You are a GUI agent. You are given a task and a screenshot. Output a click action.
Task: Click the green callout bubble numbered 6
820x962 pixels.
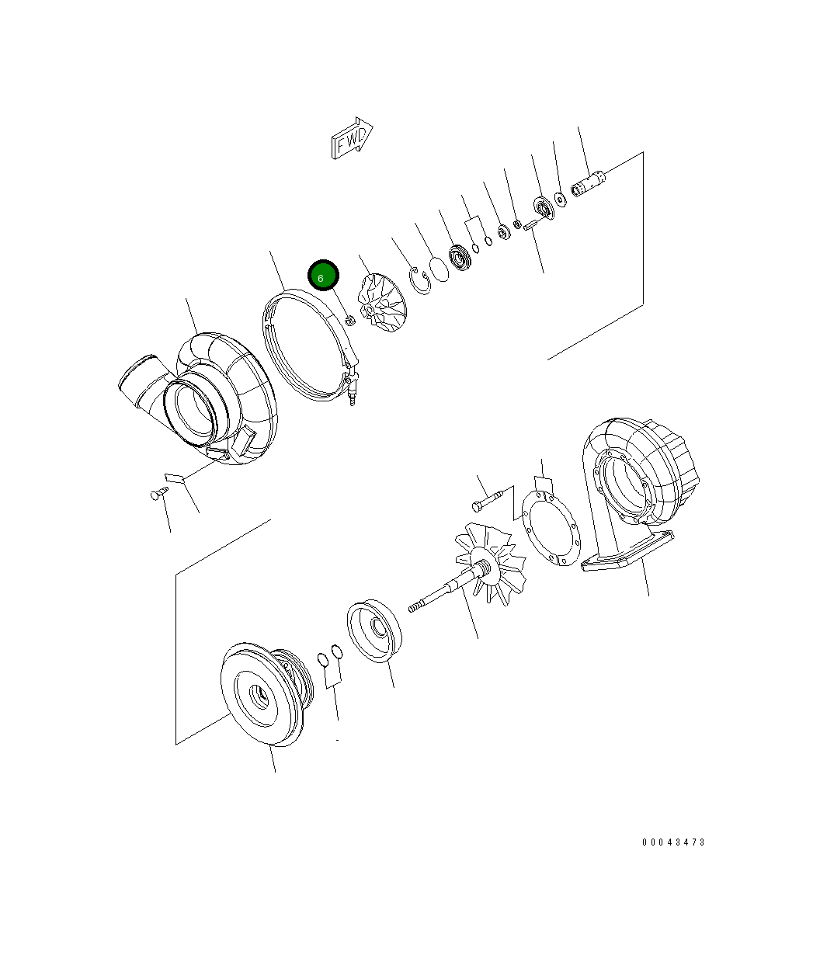[323, 276]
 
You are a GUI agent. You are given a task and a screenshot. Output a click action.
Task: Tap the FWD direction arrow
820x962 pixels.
[353, 138]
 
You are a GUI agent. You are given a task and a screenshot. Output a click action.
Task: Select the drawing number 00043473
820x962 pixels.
[673, 842]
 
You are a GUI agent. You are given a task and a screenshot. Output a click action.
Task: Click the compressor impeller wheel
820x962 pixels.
[381, 303]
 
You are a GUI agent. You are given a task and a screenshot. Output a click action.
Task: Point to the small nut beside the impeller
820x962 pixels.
[350, 320]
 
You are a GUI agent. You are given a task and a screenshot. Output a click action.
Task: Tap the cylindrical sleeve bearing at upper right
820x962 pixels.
[589, 184]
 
